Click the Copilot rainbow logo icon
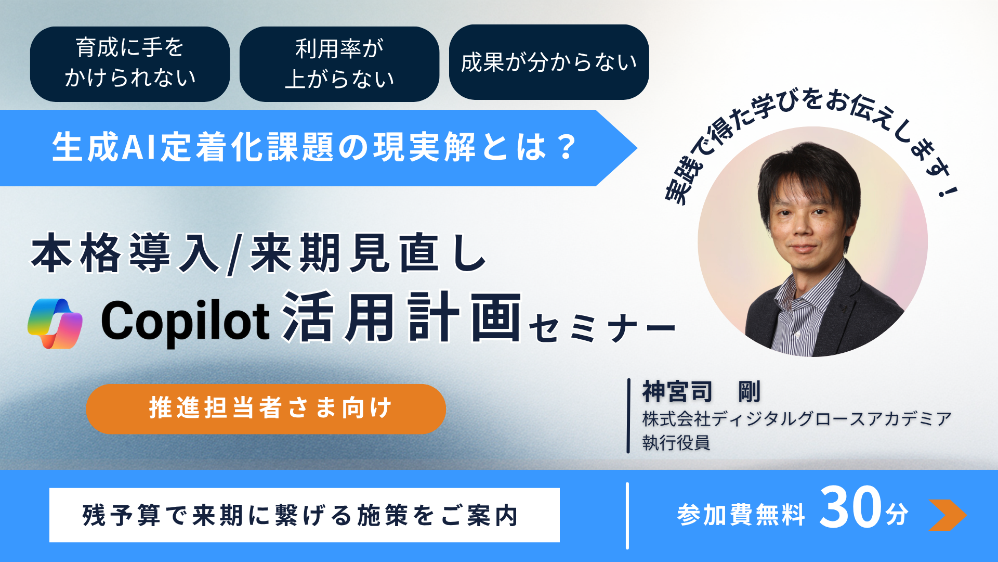[55, 323]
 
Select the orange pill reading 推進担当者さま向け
[266, 408]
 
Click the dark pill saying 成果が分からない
[548, 62]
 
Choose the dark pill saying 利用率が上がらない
[339, 64]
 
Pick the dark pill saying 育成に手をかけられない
[129, 63]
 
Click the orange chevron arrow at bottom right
[947, 515]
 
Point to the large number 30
[850, 507]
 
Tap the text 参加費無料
[741, 515]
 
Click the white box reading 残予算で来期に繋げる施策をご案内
[304, 515]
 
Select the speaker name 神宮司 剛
[701, 391]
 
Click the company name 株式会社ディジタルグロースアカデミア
[796, 418]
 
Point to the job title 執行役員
[676, 443]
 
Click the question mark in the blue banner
[566, 147]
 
